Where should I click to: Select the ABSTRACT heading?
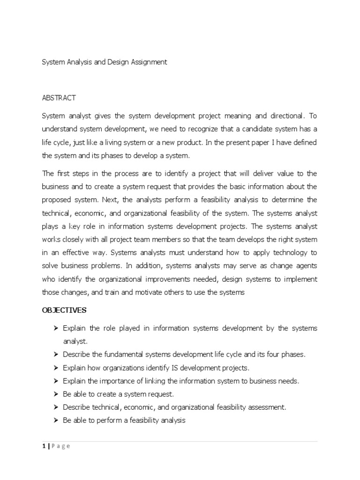[59, 98]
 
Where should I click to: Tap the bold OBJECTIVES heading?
[64, 310]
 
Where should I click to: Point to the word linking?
[150, 381]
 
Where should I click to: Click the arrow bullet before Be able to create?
[56, 394]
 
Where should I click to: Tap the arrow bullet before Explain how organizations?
[56, 368]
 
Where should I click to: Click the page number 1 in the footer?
[43, 446]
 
